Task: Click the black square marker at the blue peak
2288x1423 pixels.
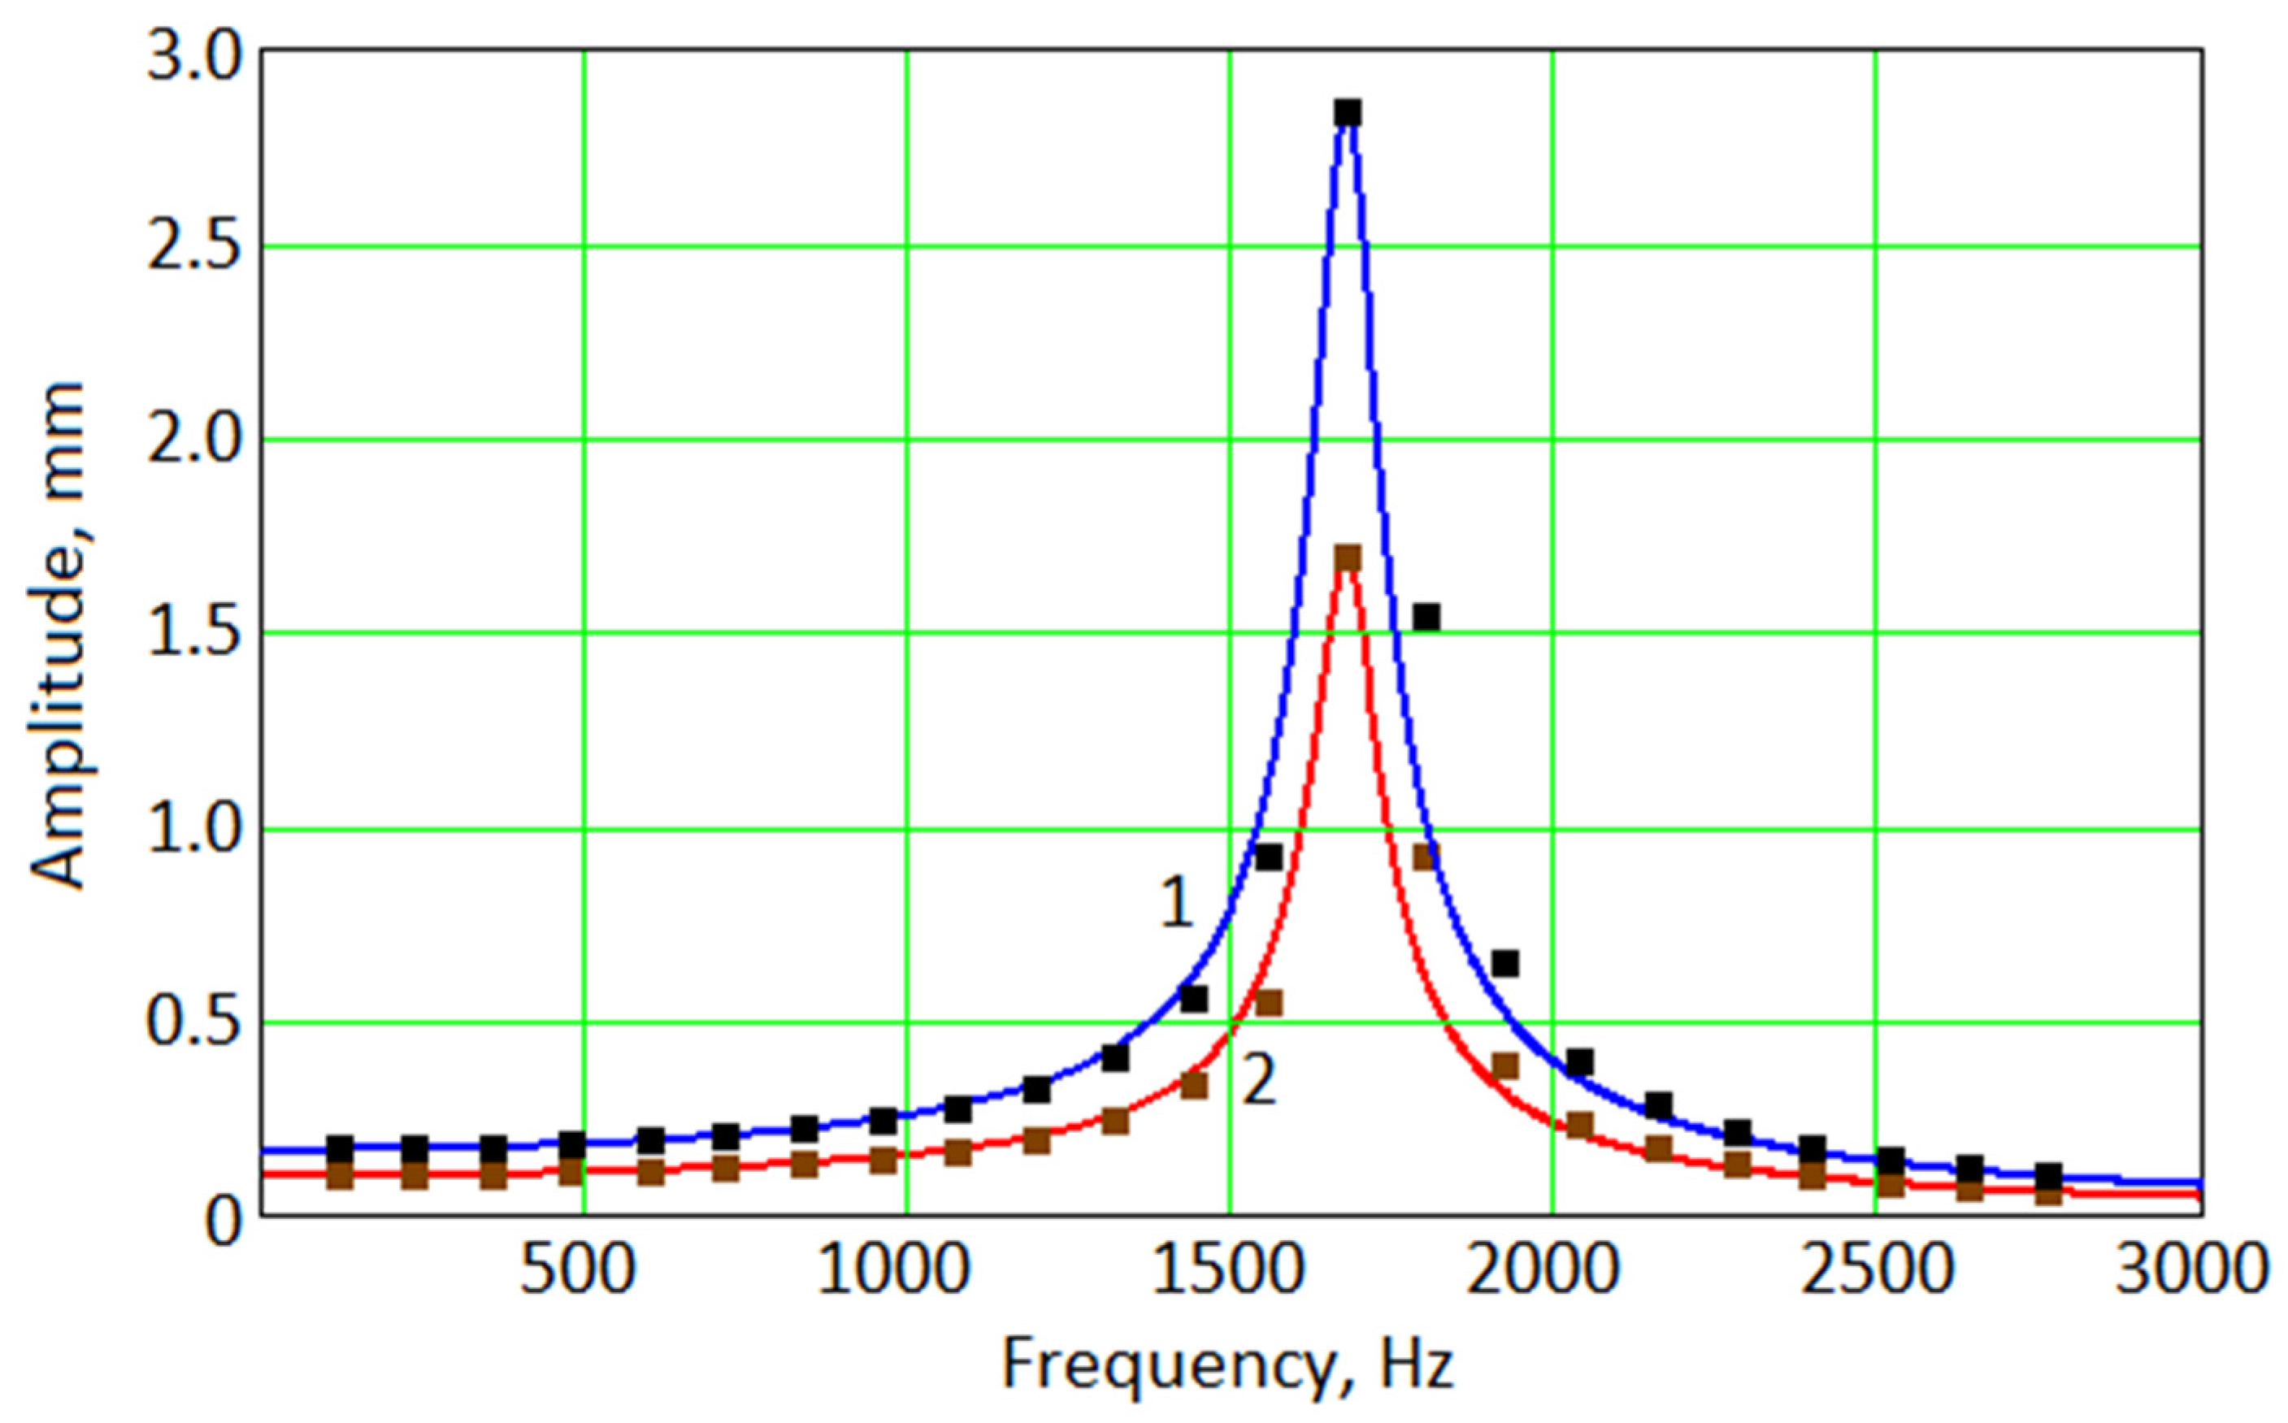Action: [1348, 113]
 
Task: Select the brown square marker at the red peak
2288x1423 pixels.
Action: [1348, 558]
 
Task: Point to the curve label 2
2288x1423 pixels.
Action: [1259, 1080]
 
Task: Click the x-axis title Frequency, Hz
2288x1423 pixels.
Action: [1228, 1364]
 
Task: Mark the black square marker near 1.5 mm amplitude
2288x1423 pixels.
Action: [1426, 618]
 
